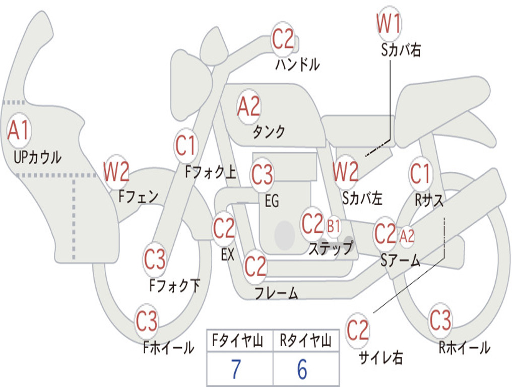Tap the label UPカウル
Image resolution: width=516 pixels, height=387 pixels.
pyautogui.click(x=37, y=157)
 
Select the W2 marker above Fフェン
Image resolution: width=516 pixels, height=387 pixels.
pyautogui.click(x=116, y=172)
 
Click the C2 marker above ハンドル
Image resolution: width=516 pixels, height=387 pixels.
pyautogui.click(x=283, y=39)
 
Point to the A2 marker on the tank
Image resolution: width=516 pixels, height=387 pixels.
pyautogui.click(x=248, y=106)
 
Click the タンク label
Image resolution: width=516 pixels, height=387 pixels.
pyautogui.click(x=269, y=132)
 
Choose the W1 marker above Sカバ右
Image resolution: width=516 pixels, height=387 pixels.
pyautogui.click(x=389, y=23)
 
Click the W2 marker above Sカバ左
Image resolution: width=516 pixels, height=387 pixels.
pyautogui.click(x=346, y=172)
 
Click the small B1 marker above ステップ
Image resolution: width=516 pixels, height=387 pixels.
pyautogui.click(x=334, y=226)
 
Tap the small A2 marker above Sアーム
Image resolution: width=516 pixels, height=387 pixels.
pyautogui.click(x=407, y=235)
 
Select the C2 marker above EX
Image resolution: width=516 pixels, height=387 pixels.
pyautogui.click(x=224, y=229)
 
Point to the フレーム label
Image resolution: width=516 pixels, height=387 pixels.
pyautogui.click(x=276, y=293)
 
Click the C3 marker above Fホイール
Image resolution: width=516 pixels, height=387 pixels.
pyautogui.click(x=147, y=321)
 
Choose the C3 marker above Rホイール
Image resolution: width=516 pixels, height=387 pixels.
pyautogui.click(x=440, y=320)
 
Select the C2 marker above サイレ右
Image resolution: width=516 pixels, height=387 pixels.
pyautogui.click(x=357, y=331)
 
